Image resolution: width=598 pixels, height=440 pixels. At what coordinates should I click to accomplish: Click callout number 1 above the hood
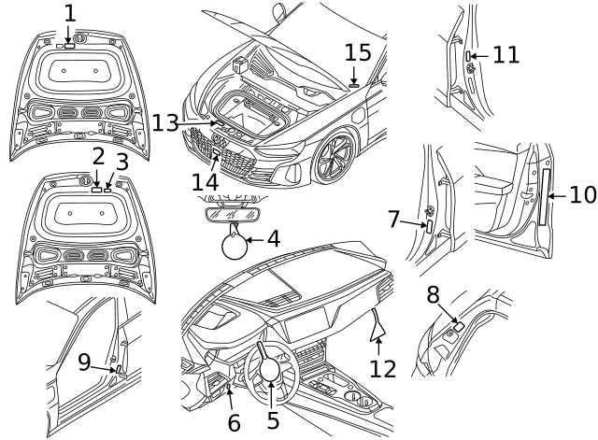coord(71,13)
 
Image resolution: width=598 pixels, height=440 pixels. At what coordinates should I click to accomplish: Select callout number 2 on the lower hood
coord(98,156)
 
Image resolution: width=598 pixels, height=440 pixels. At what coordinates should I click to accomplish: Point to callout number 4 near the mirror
coord(274,237)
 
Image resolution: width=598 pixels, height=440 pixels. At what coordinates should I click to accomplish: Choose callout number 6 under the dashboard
coord(234,421)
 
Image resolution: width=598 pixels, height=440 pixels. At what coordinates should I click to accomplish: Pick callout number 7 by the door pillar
coord(394,219)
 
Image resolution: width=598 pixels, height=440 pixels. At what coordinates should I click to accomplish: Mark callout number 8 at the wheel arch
coord(433,294)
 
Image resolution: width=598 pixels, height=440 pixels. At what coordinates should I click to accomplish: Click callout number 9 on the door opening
coord(85,362)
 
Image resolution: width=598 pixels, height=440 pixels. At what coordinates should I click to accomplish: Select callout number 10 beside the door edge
coord(581,195)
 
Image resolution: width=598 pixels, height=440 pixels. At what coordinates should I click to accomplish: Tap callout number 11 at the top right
coord(505,55)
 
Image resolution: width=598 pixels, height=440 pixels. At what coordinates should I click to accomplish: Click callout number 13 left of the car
coord(165,121)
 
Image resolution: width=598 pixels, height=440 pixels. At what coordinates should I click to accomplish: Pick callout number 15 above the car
coord(357,51)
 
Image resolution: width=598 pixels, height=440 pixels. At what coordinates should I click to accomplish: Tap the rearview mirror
coord(233,212)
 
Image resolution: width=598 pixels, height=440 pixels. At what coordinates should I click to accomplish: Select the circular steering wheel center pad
coord(271,370)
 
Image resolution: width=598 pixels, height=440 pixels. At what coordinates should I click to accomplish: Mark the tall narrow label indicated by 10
coord(544,196)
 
